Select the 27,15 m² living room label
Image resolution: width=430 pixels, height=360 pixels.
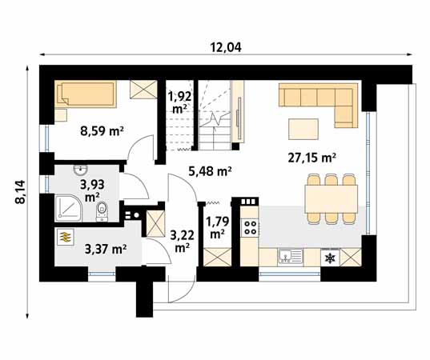pyautogui.click(x=311, y=158)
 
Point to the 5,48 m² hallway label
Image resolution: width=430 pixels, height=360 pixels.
pyautogui.click(x=210, y=170)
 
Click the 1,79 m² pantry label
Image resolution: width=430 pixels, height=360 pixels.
pyautogui.click(x=216, y=227)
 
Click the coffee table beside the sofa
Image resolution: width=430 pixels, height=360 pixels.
pyautogui.click(x=303, y=127)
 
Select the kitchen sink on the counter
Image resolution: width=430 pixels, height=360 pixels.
pyautogui.click(x=290, y=256)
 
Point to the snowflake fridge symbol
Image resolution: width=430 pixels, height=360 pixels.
pyautogui.click(x=328, y=258)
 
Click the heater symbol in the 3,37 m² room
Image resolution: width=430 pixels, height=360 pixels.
pyautogui.click(x=64, y=238)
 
